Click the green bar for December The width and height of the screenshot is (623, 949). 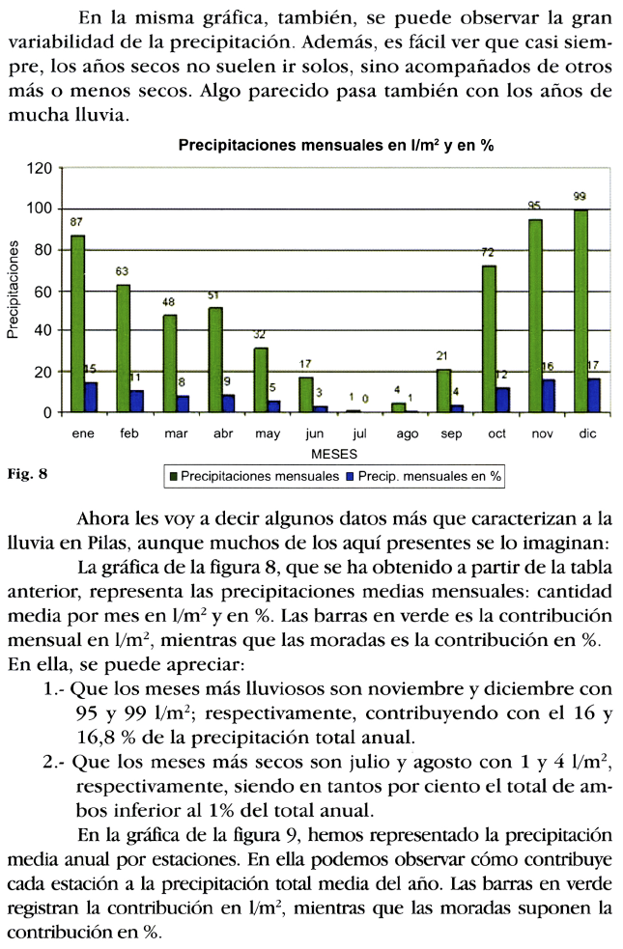coord(581,311)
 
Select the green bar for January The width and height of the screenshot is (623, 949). coord(77,323)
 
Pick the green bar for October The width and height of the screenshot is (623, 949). coord(489,339)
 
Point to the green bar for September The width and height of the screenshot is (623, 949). coord(443,391)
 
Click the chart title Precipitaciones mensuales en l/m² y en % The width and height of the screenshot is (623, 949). coord(336,146)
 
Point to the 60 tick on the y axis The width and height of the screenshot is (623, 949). coord(42,292)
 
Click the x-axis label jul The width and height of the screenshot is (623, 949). coord(360,434)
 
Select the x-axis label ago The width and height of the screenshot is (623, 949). coord(407,434)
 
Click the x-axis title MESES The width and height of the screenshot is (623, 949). coord(334,453)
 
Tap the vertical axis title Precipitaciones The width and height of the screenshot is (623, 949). coord(13,291)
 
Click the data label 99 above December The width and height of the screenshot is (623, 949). coord(580,197)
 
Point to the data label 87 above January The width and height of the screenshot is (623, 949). coord(77,222)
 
